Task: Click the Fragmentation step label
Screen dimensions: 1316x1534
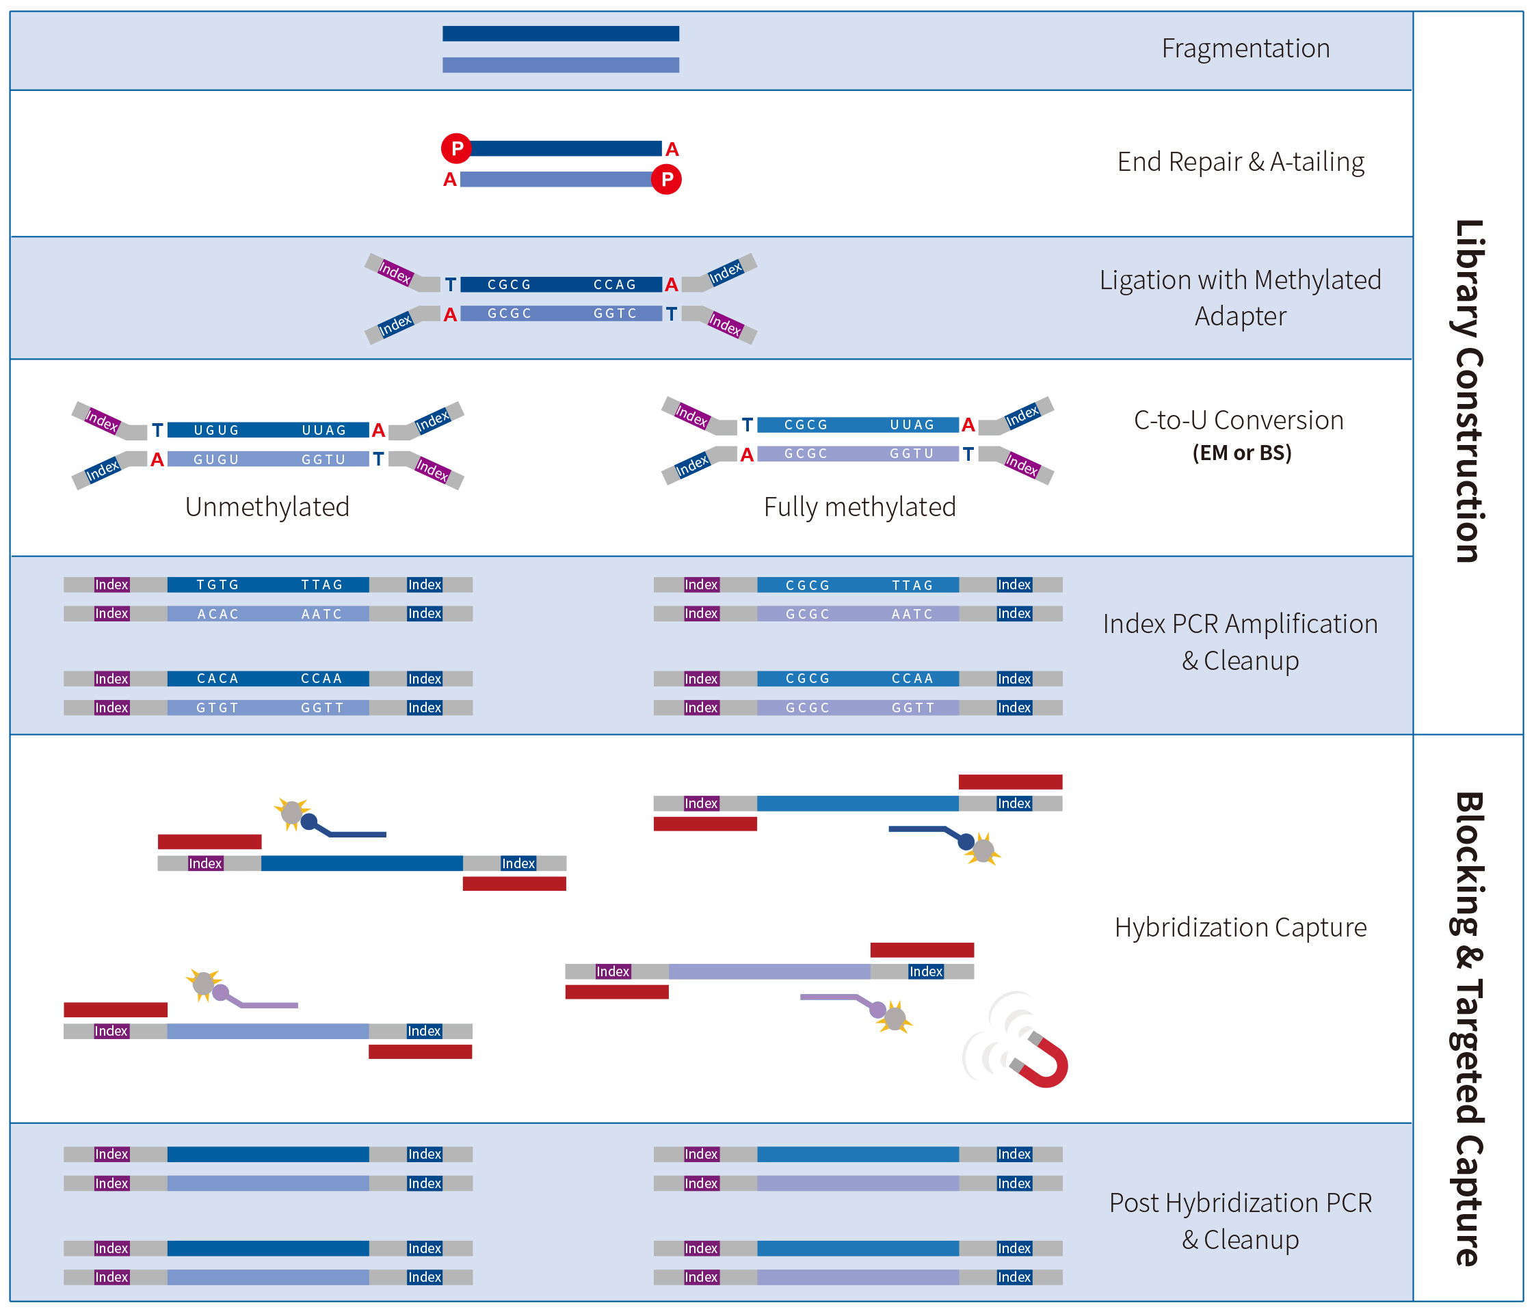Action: coord(1245,49)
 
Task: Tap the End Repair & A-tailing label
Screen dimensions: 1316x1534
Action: coord(1241,162)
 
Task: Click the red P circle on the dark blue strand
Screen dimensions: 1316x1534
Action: coord(457,149)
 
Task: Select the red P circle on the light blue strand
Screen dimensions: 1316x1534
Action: coord(666,179)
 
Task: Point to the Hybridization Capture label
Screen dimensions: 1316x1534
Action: coord(1241,928)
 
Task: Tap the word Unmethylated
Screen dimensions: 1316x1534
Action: coord(267,507)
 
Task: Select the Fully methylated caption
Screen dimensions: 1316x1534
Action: coord(860,507)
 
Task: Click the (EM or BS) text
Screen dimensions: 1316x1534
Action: coord(1241,453)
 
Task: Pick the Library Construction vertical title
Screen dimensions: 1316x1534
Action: coord(1469,391)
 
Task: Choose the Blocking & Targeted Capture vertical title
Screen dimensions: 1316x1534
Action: coord(1469,1029)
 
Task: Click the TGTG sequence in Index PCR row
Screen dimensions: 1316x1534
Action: coord(217,585)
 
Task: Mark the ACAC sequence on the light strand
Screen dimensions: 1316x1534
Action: coord(217,615)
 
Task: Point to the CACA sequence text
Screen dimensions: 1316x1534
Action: coord(217,679)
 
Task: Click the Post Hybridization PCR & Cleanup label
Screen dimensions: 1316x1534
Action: coord(1240,1221)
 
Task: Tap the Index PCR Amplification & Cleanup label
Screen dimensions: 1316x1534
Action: coord(1240,642)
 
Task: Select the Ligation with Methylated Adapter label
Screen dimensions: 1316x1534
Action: coord(1240,297)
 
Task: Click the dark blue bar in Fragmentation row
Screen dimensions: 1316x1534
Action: coord(560,33)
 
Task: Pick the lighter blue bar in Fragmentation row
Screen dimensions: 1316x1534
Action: coord(560,65)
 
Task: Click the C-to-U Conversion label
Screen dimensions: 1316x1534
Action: coord(1239,420)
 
